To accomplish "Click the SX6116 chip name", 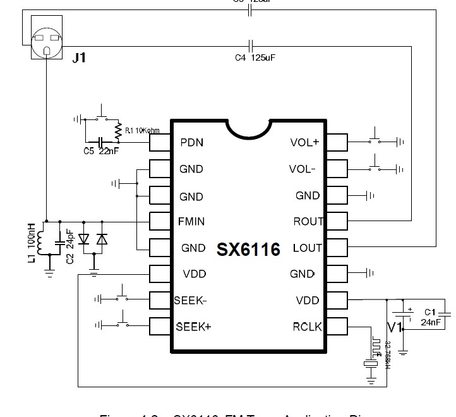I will pos(248,248).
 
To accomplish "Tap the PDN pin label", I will pos(191,142).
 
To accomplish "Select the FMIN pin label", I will pos(191,222).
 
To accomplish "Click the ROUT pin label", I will pos(308,222).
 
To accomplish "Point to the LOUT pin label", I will pos(308,248).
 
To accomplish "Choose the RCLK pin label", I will pos(307,327).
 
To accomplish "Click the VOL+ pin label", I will pos(304,142).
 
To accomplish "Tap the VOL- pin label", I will pos(302,169).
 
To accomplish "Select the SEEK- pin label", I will pos(190,300).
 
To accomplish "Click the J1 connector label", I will pos(79,58).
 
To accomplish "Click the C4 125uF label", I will pos(255,57).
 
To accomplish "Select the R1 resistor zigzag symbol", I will pos(118,130).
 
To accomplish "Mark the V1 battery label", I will pos(395,327).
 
